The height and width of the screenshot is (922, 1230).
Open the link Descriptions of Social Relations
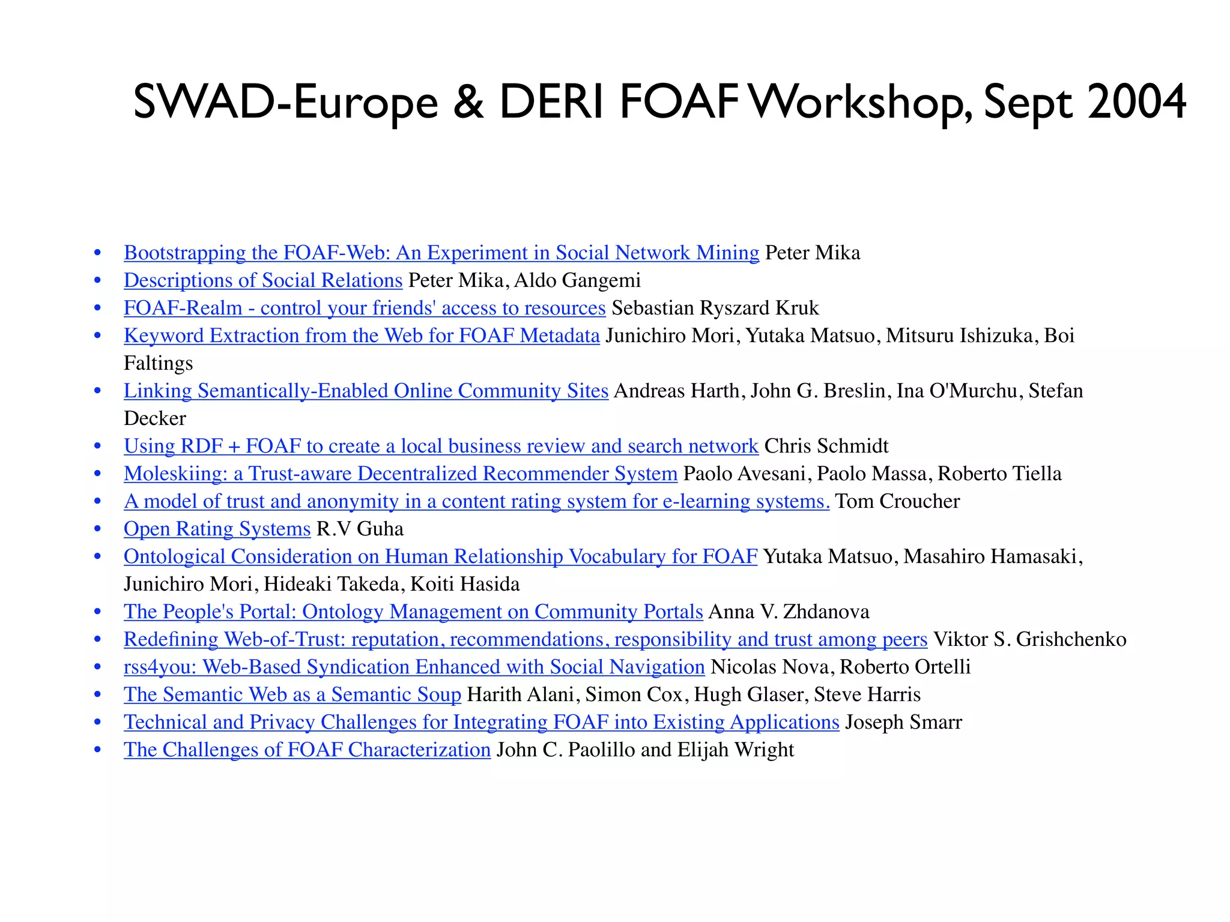coord(262,280)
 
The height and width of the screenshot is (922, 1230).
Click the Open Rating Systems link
coord(217,529)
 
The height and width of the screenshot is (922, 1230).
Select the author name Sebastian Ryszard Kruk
coord(715,308)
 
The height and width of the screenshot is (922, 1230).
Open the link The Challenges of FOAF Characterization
coord(307,750)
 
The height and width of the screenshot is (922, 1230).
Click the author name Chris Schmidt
coord(826,446)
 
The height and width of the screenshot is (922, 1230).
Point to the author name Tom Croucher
coord(897,501)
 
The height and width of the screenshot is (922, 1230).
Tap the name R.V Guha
coord(360,529)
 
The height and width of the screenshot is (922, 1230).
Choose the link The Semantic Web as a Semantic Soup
coord(292,695)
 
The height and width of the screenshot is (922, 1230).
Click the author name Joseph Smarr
coord(903,722)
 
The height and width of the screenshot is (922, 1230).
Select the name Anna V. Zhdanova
coord(789,612)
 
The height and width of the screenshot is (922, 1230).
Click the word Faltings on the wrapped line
coord(158,363)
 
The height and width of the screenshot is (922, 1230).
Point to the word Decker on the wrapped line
coord(155,418)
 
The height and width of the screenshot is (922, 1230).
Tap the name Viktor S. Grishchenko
coord(1029,639)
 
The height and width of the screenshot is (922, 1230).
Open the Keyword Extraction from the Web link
coord(362,336)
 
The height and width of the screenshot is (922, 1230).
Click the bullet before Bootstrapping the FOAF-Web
coord(97,253)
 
